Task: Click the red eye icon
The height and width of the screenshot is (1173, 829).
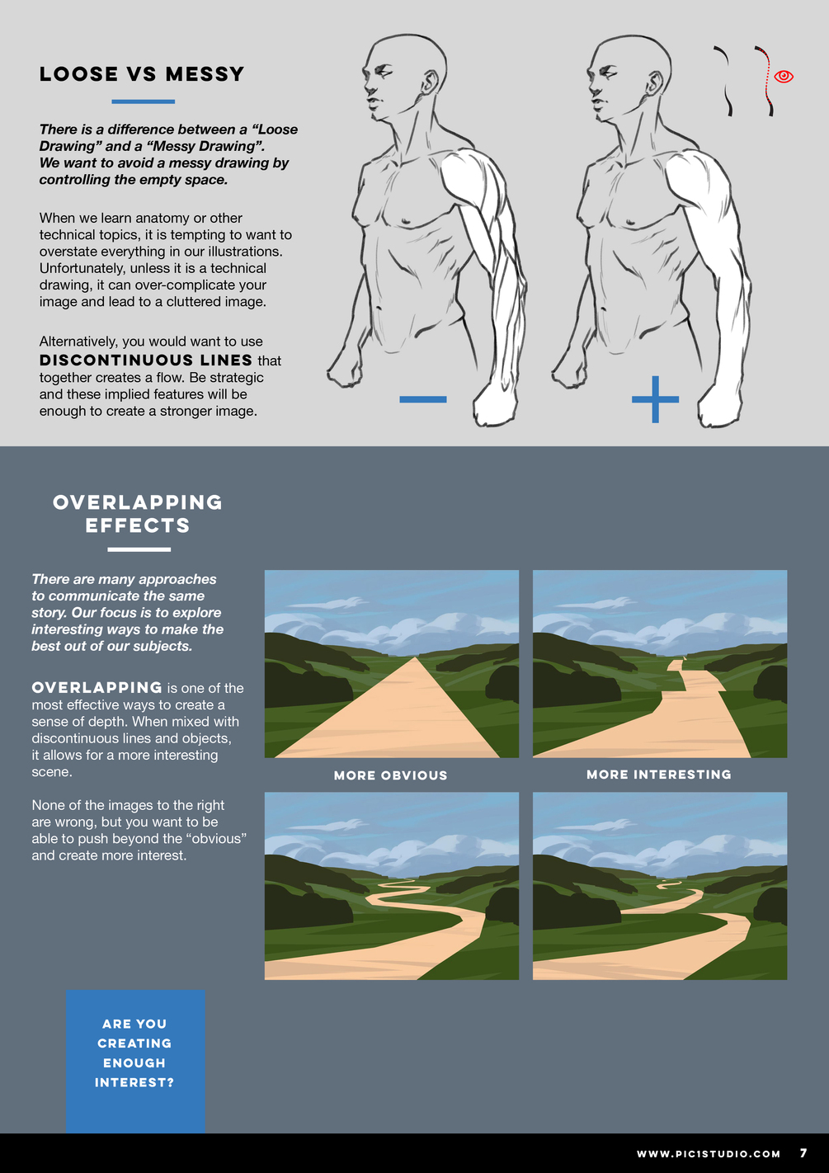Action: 783,77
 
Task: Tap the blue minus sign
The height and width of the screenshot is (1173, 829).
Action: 422,399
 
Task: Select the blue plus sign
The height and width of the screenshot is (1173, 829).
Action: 655,399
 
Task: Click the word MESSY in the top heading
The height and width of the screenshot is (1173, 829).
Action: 205,74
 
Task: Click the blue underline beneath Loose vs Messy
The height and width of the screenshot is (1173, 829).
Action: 143,101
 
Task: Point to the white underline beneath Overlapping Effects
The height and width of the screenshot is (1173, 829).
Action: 139,549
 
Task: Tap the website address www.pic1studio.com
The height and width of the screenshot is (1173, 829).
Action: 709,1154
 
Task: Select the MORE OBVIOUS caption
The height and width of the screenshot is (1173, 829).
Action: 391,775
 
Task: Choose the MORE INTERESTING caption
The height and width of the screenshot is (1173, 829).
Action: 659,775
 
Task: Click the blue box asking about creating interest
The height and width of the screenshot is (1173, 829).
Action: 135,1062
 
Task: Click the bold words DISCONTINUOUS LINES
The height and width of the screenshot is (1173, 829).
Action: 146,360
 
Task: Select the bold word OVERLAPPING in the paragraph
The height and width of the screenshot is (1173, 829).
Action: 97,688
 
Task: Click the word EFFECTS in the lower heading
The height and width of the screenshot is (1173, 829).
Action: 138,525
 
